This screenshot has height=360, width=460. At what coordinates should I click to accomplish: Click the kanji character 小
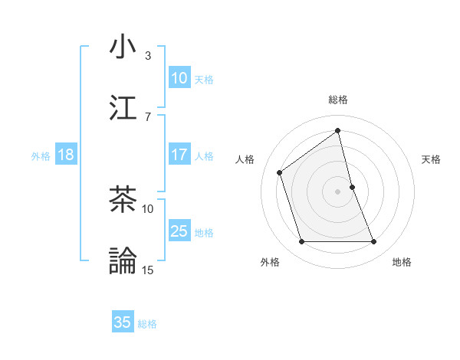point(123,47)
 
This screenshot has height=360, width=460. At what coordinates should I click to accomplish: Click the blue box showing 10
point(179,78)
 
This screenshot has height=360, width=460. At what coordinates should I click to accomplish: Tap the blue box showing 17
point(179,155)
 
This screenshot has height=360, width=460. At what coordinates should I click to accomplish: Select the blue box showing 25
point(179,231)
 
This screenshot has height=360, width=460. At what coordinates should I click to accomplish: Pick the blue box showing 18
point(65,155)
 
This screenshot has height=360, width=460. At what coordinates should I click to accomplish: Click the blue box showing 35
point(123,322)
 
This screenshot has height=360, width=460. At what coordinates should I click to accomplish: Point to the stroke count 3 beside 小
point(148,55)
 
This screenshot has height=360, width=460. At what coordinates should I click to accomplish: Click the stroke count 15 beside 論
point(148,270)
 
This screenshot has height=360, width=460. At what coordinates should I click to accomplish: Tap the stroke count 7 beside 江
point(148,116)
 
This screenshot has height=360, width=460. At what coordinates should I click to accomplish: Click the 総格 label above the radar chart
point(338,100)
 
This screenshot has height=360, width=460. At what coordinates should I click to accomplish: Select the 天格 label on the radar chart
point(432,159)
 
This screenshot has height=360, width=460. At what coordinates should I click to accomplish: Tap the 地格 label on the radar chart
point(402,262)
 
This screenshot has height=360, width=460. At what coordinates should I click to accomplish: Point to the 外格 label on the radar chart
point(270,262)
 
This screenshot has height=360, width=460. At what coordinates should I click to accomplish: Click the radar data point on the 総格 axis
point(338,131)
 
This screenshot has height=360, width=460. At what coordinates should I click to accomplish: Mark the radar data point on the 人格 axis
point(280,172)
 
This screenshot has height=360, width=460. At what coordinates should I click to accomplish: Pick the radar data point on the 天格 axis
point(352,187)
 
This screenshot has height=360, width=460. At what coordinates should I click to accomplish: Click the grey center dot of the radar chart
point(338,191)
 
